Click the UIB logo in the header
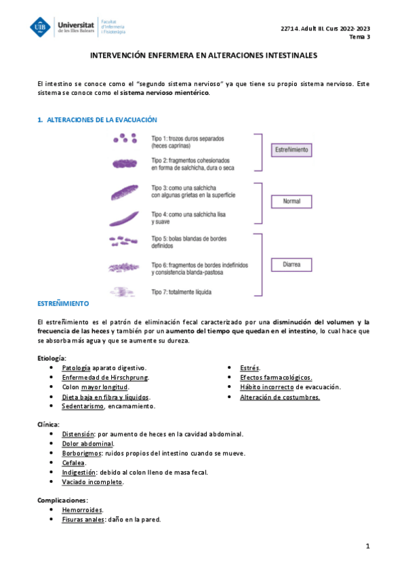pos(41,26)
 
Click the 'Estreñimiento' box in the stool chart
pos(291,149)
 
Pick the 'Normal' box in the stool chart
pos(291,201)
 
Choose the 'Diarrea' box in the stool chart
pos(291,264)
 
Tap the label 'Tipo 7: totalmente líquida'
pos(182,292)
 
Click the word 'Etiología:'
pos(52,357)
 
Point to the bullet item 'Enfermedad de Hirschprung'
pos(105,377)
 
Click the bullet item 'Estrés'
pos(250,368)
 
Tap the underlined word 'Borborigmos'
pos(81,453)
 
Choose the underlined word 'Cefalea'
pos(73,462)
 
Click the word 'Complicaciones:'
pos(63,500)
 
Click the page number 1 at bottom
pos(367,546)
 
